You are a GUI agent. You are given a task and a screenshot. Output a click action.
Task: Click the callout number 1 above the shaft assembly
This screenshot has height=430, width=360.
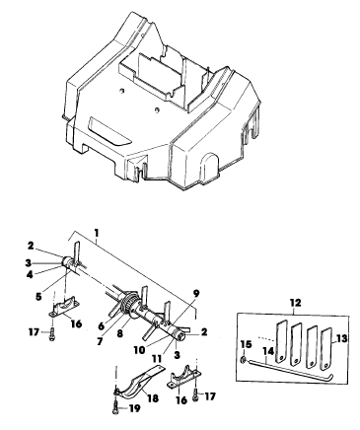pyautogui.click(x=96, y=233)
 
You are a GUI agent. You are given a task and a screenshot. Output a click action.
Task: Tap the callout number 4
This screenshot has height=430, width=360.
pyautogui.click(x=30, y=274)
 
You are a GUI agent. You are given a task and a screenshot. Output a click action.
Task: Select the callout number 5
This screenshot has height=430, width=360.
pyautogui.click(x=38, y=296)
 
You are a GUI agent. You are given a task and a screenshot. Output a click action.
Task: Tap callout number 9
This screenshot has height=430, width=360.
pyautogui.click(x=196, y=293)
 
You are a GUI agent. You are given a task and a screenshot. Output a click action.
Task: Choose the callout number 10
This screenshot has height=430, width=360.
pyautogui.click(x=139, y=350)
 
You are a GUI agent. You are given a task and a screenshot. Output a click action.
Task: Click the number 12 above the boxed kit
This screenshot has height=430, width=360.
pyautogui.click(x=295, y=302)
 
